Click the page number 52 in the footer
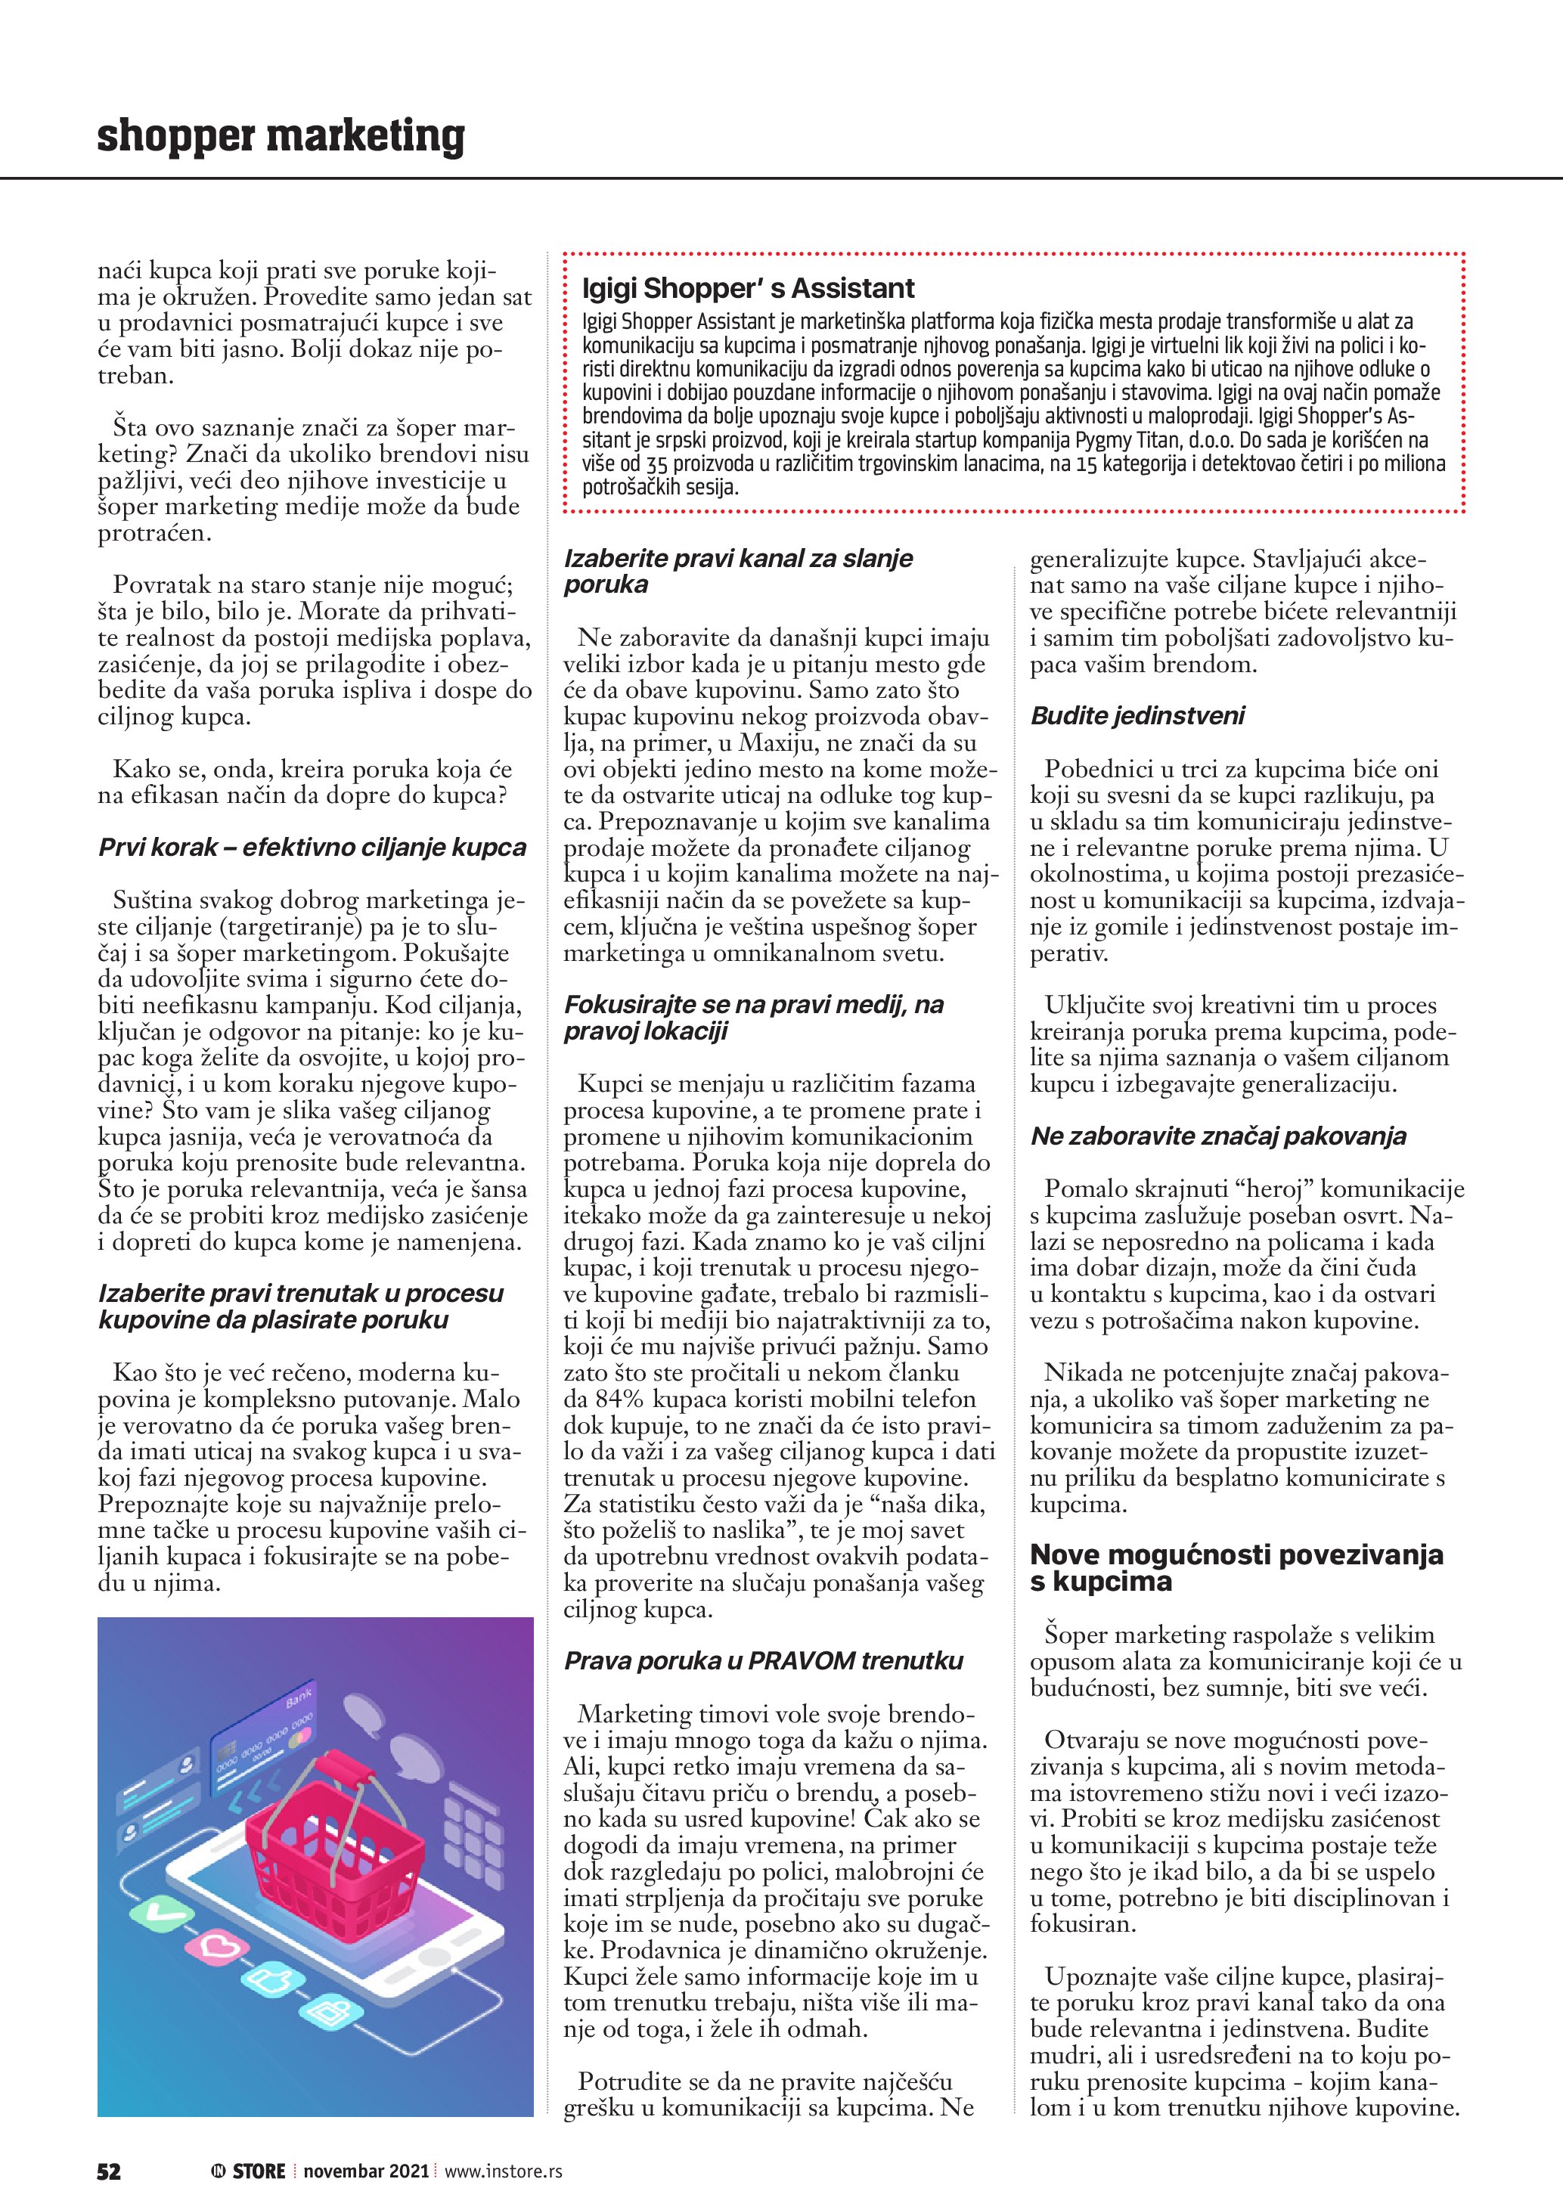pyautogui.click(x=109, y=2171)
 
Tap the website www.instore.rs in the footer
pyautogui.click(x=504, y=2171)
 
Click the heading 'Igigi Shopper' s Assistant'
pyautogui.click(x=748, y=289)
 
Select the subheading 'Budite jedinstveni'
pyautogui.click(x=1137, y=716)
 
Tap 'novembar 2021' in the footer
pyautogui.click(x=366, y=2171)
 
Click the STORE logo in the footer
pyautogui.click(x=250, y=2171)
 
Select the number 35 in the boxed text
pyautogui.click(x=657, y=465)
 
